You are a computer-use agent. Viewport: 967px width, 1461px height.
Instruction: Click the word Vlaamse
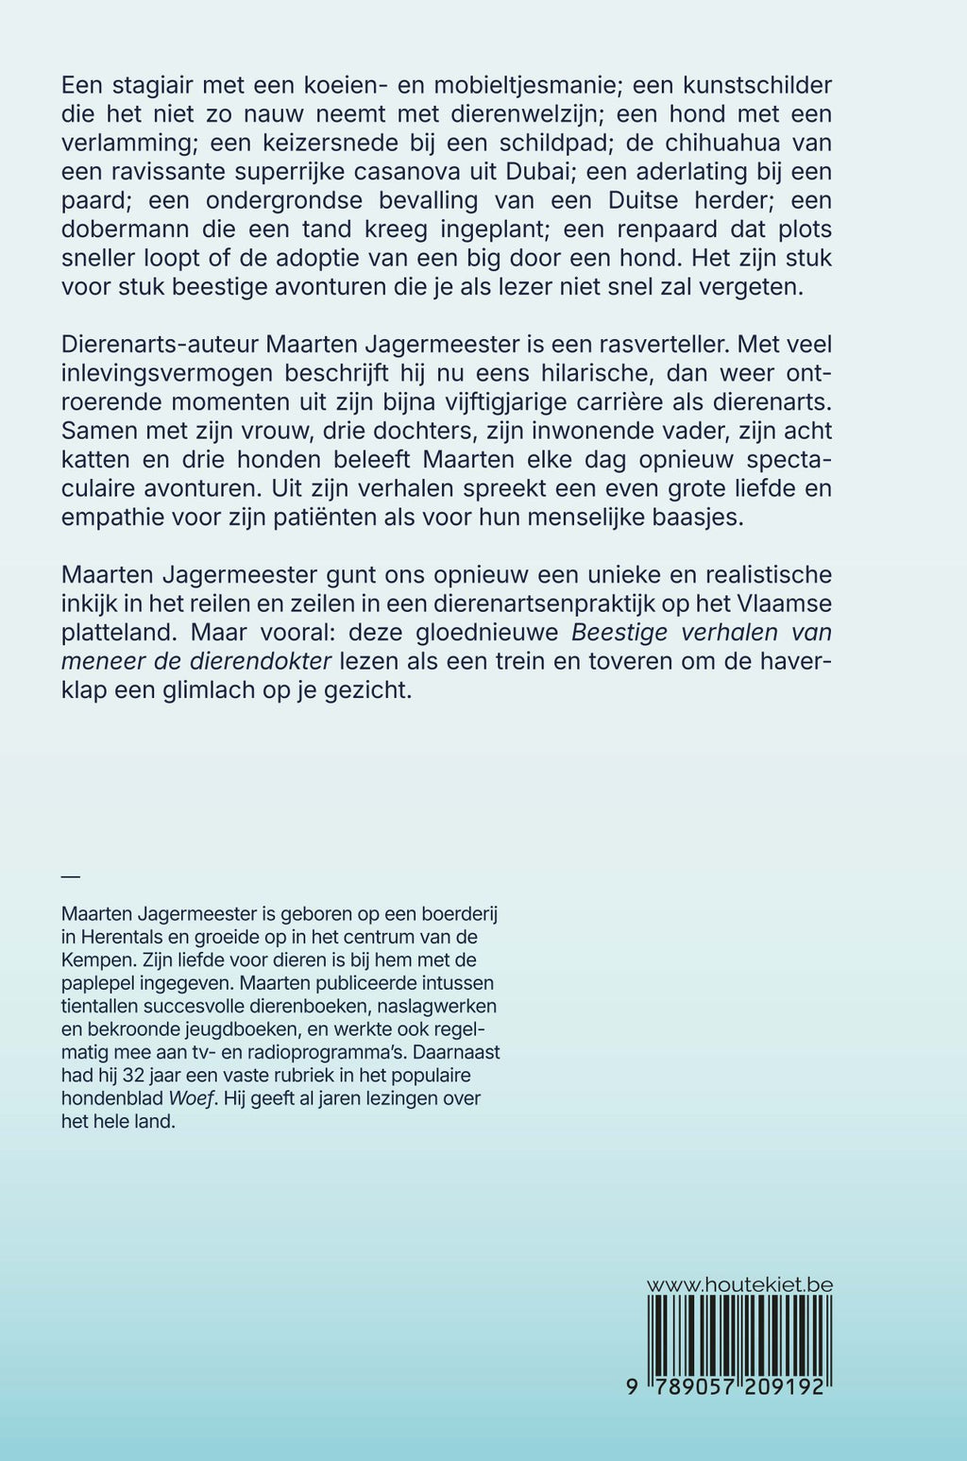(x=778, y=603)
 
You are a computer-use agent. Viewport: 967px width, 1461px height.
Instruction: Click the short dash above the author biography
(x=70, y=876)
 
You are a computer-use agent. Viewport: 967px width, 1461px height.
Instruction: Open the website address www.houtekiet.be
(x=738, y=1285)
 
